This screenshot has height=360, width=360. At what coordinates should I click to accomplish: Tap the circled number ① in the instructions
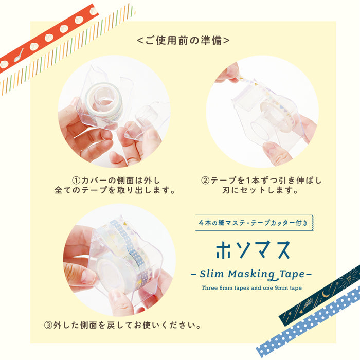pos(76,181)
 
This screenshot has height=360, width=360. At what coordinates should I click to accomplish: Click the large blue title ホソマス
pos(253,248)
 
